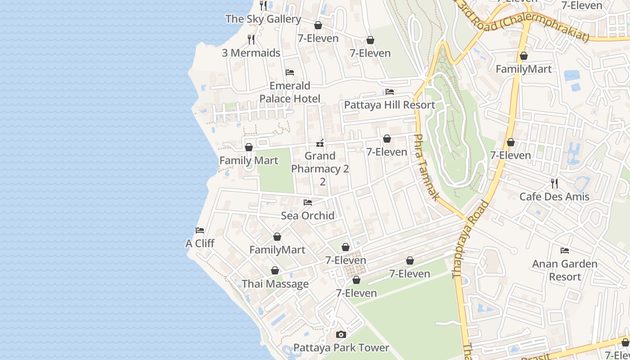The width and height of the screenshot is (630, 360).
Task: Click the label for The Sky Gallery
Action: tap(263, 19)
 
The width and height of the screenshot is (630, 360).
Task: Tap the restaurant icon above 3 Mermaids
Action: tap(251, 40)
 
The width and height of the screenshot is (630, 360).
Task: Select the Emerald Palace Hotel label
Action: tap(290, 92)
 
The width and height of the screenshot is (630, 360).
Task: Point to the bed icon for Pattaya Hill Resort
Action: tap(390, 92)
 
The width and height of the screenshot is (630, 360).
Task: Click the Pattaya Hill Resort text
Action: tap(389, 105)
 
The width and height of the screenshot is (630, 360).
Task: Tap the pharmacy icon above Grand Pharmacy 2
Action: tap(320, 144)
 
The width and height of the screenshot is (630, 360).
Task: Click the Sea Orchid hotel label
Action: tap(308, 216)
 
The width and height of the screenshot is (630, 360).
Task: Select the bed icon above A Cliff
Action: tap(200, 230)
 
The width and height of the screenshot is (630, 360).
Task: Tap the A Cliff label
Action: tap(200, 243)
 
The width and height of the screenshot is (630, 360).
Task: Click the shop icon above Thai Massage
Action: tap(275, 271)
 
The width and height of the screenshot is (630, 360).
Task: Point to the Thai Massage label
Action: tap(275, 284)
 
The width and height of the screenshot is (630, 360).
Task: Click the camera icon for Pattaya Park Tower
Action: tap(341, 335)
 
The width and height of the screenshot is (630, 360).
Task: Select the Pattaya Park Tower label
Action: tap(341, 348)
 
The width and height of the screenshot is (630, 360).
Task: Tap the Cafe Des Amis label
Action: tap(554, 197)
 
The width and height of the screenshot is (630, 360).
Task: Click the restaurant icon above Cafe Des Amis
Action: tap(554, 184)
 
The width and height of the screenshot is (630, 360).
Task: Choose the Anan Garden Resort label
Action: tap(565, 270)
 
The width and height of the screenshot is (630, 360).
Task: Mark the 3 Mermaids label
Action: tap(251, 53)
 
